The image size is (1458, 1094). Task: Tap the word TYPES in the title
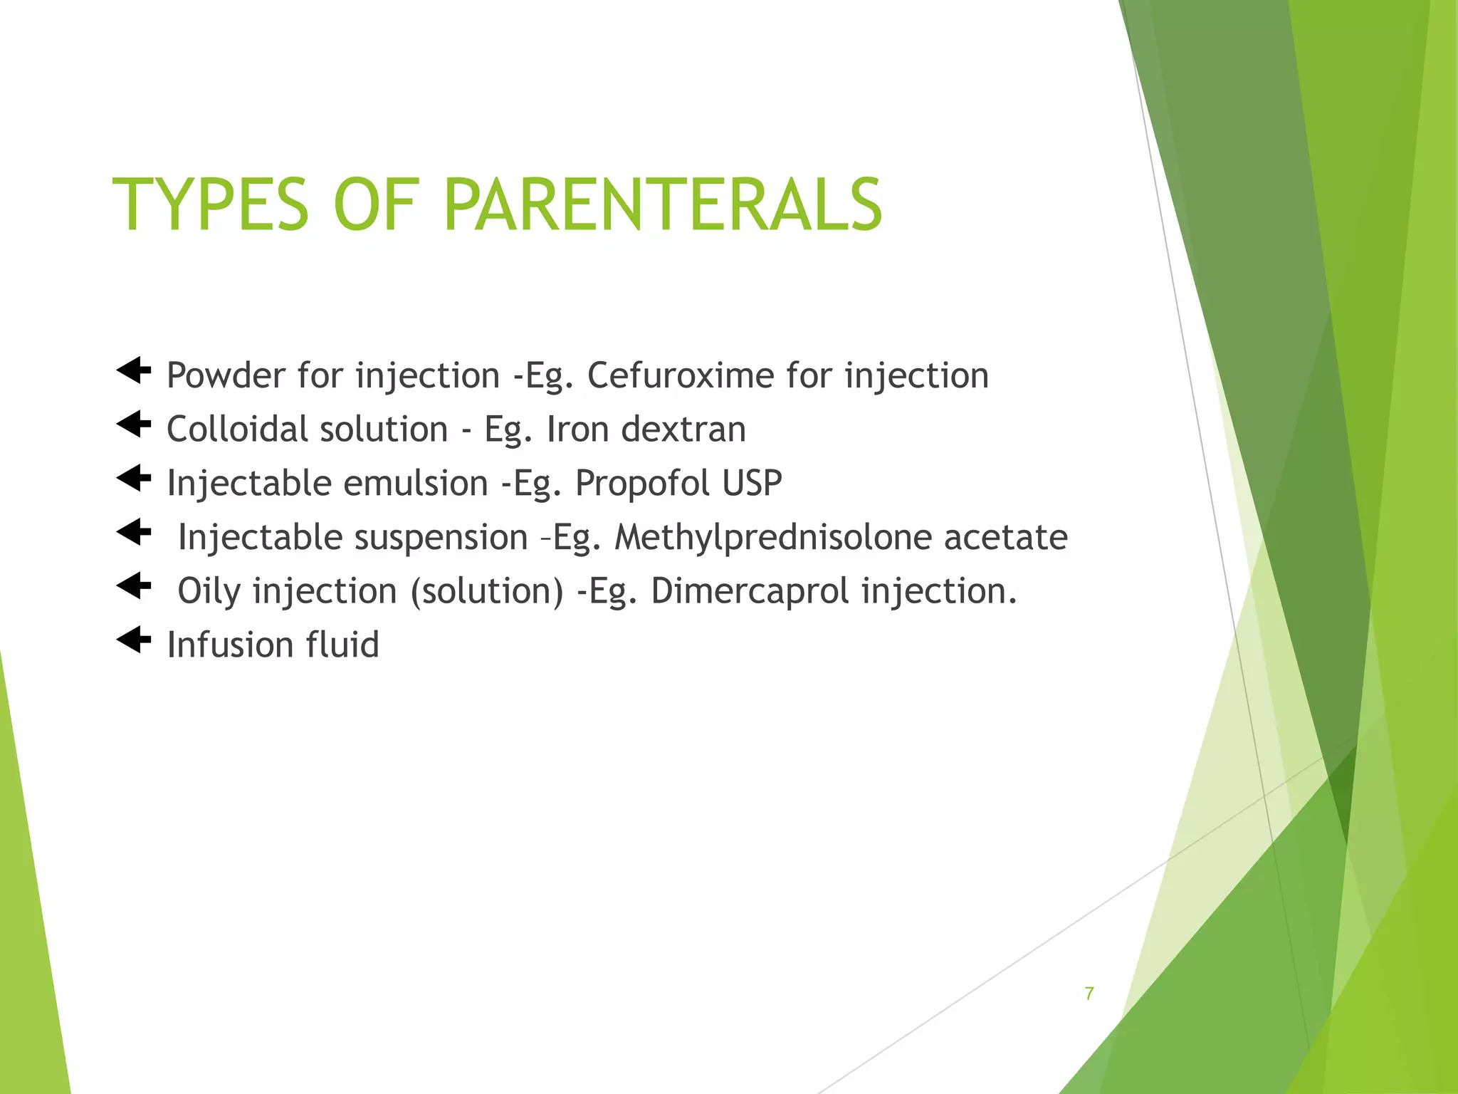coord(211,205)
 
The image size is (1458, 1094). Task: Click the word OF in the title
coord(374,205)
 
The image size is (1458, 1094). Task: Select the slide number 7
coord(1089,994)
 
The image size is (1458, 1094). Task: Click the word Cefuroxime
coord(680,375)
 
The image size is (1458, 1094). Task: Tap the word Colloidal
coord(236,429)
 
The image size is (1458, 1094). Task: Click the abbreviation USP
coord(752,484)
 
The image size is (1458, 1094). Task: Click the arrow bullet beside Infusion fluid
coord(134,640)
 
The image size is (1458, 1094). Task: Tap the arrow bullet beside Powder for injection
coord(134,370)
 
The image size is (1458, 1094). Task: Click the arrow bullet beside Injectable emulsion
coord(134,478)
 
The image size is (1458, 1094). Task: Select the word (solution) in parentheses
coord(487,591)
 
